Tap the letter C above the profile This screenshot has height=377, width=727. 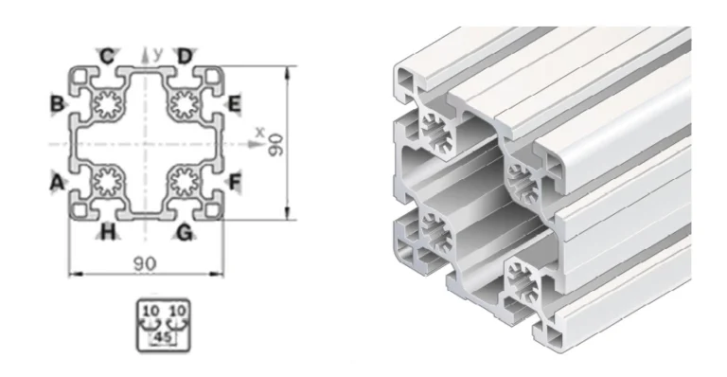109,56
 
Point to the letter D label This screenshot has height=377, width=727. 185,56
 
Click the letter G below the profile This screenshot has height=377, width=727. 185,231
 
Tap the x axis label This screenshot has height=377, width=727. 257,132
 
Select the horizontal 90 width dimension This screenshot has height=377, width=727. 145,260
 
